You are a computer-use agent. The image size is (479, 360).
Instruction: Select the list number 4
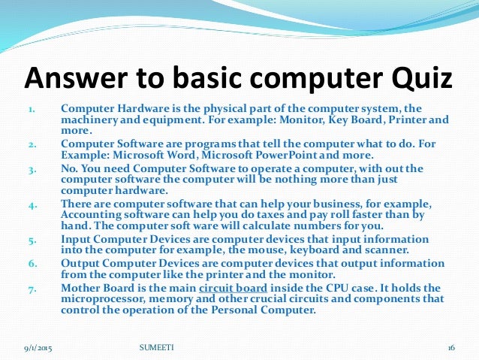click(31, 205)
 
